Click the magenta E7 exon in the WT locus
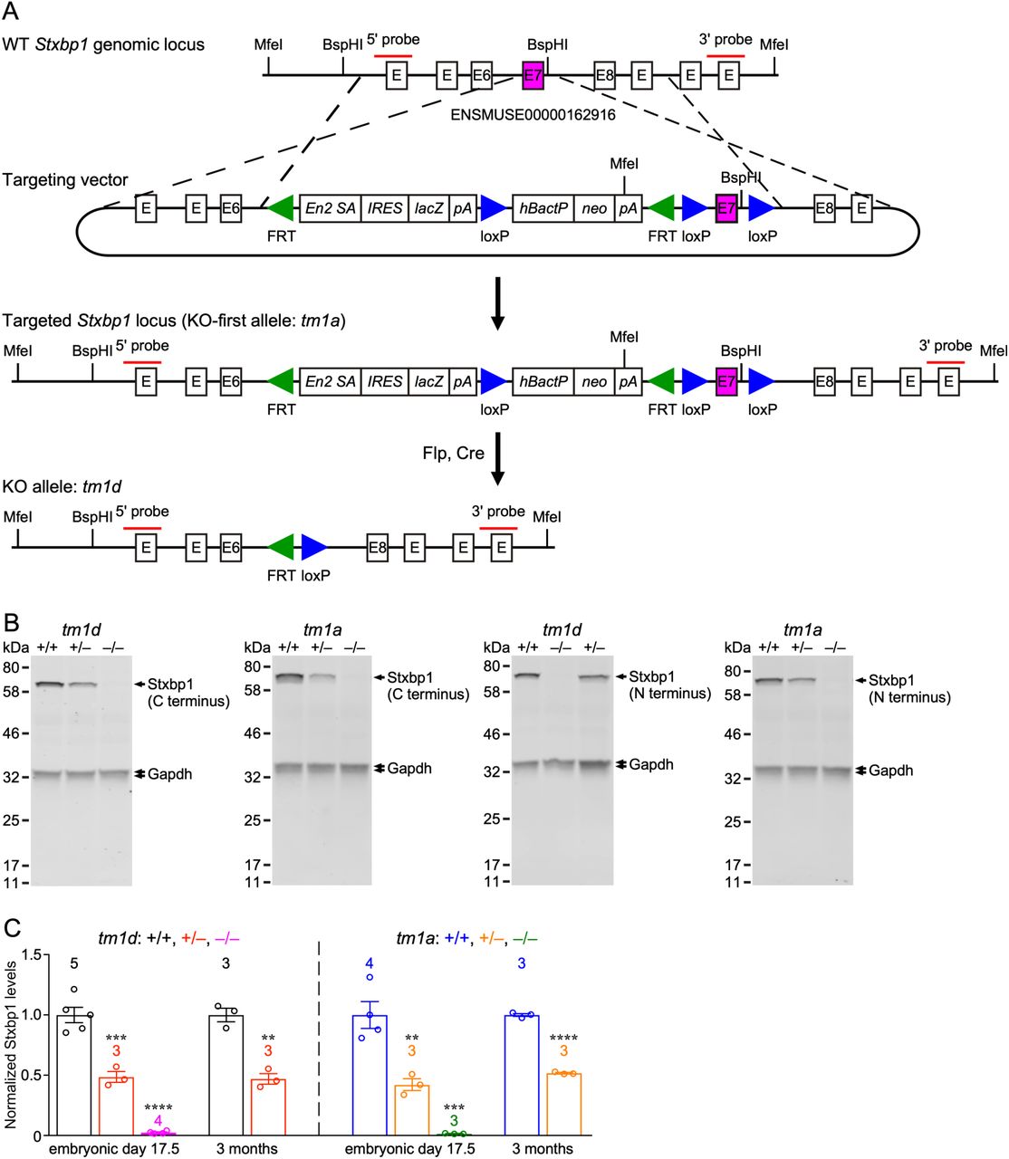[533, 75]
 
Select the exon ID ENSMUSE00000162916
[533, 114]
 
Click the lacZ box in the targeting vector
[429, 208]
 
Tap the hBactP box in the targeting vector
[543, 208]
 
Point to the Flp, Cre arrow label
[453, 453]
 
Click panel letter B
[12, 623]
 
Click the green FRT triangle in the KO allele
[282, 547]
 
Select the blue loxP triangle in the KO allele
[313, 547]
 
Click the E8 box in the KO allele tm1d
[378, 547]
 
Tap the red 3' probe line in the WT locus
[726, 56]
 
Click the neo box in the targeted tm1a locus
[594, 381]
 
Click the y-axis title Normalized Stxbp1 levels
[11, 1042]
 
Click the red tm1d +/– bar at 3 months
[267, 1106]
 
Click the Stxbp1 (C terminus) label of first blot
[187, 693]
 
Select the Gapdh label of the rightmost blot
[890, 771]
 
